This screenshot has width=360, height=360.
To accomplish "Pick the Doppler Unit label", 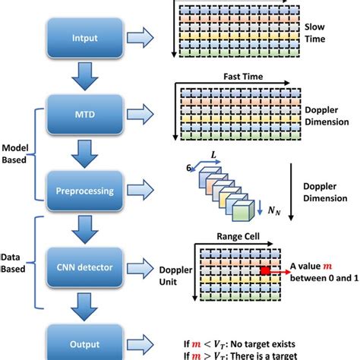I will [176, 275].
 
